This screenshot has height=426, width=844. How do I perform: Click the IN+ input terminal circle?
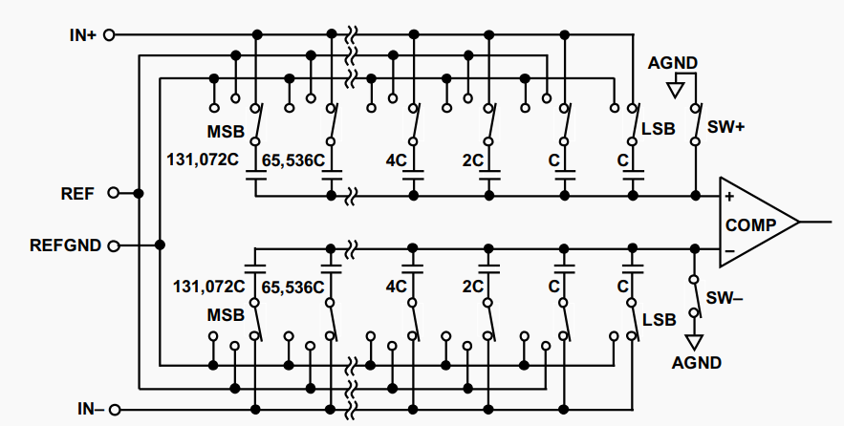pos(109,35)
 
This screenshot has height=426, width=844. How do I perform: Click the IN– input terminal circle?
pos(114,410)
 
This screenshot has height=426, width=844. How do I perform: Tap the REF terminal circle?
pos(114,193)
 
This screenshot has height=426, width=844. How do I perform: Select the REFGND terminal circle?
pos(114,245)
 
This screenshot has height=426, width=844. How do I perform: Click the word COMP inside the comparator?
pos(751,224)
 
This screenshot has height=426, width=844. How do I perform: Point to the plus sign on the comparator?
pos(729,197)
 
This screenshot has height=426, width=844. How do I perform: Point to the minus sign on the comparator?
pos(729,250)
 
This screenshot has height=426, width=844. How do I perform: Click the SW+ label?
pos(725,127)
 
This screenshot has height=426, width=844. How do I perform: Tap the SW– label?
pos(724,298)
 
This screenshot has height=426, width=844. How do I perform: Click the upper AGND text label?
pos(672,63)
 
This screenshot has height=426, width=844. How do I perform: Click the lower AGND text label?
pos(697,363)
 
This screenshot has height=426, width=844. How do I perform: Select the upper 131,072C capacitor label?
pos(203,160)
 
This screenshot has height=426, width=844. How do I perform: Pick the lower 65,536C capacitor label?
pos(292,288)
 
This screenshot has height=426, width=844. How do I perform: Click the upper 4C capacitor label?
pos(396,160)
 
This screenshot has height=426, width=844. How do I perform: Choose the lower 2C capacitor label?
pos(472,288)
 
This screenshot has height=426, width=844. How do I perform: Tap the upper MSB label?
pos(226,131)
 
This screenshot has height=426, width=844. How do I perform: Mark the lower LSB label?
pos(659,319)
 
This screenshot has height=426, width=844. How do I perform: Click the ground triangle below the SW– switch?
pos(694,342)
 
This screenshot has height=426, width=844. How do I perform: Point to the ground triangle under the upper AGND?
pos(676,90)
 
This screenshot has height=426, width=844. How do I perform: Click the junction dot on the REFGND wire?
pos(160,245)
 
